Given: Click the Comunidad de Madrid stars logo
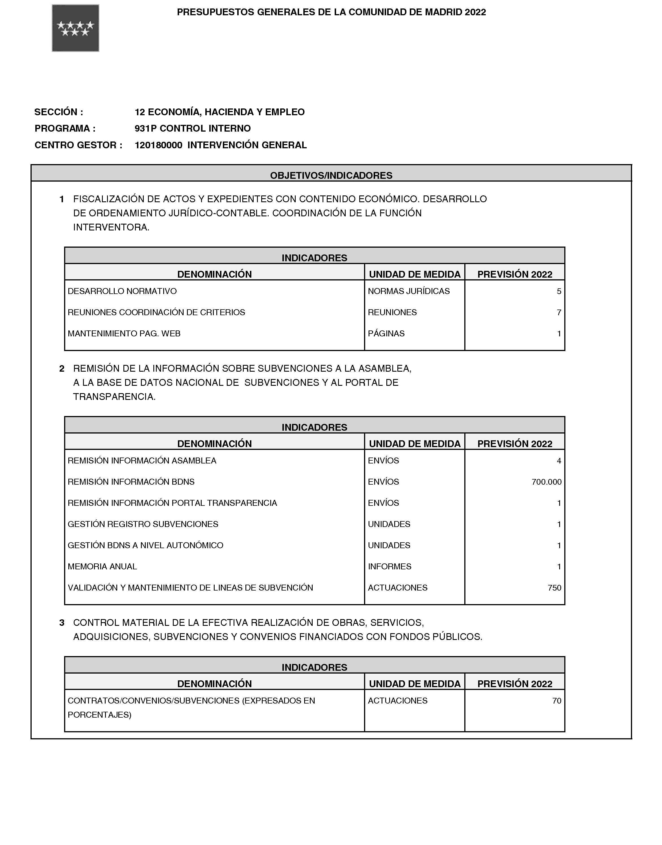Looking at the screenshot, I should click(76, 28).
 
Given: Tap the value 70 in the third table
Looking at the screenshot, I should click(557, 700).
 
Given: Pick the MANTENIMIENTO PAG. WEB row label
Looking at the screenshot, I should click(124, 333).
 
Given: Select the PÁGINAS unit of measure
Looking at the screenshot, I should click(386, 333).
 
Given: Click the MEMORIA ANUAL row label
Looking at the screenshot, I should click(102, 566).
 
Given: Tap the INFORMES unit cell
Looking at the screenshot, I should click(389, 566).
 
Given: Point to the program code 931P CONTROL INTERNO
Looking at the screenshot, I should click(193, 128).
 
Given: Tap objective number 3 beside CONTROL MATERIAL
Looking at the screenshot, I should click(62, 623).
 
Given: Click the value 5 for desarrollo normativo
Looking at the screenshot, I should click(559, 291).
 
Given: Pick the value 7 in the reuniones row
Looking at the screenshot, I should click(559, 312).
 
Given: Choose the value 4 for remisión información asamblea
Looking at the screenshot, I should click(559, 461).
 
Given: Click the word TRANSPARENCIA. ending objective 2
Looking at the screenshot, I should click(114, 397).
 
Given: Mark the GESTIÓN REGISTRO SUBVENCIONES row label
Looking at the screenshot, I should click(143, 524).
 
